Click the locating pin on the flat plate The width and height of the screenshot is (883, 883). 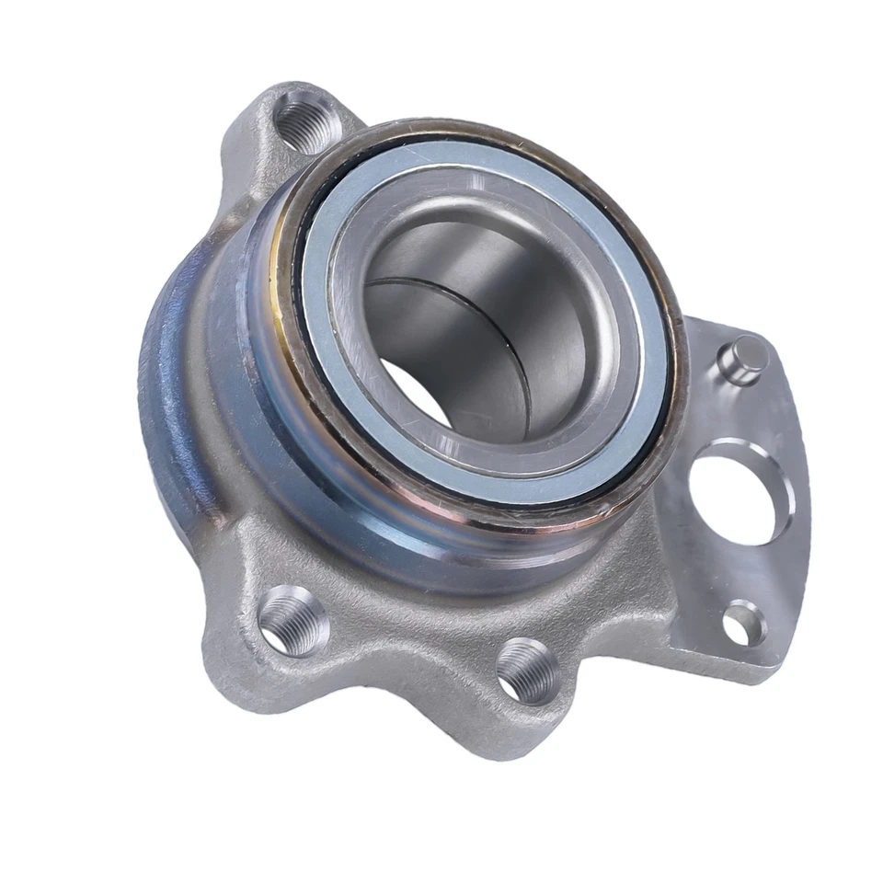click(747, 357)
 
